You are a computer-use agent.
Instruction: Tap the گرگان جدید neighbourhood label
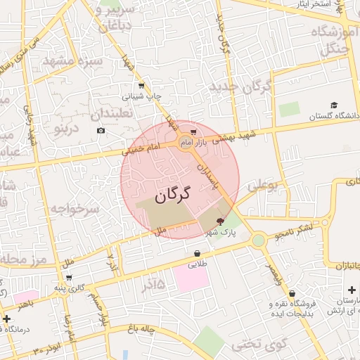click(x=239, y=87)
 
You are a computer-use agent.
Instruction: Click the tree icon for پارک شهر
click(x=210, y=221)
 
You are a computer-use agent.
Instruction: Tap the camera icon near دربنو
click(x=101, y=131)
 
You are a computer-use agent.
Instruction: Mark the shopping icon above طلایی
click(x=197, y=253)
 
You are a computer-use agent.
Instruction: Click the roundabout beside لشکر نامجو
click(x=258, y=240)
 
